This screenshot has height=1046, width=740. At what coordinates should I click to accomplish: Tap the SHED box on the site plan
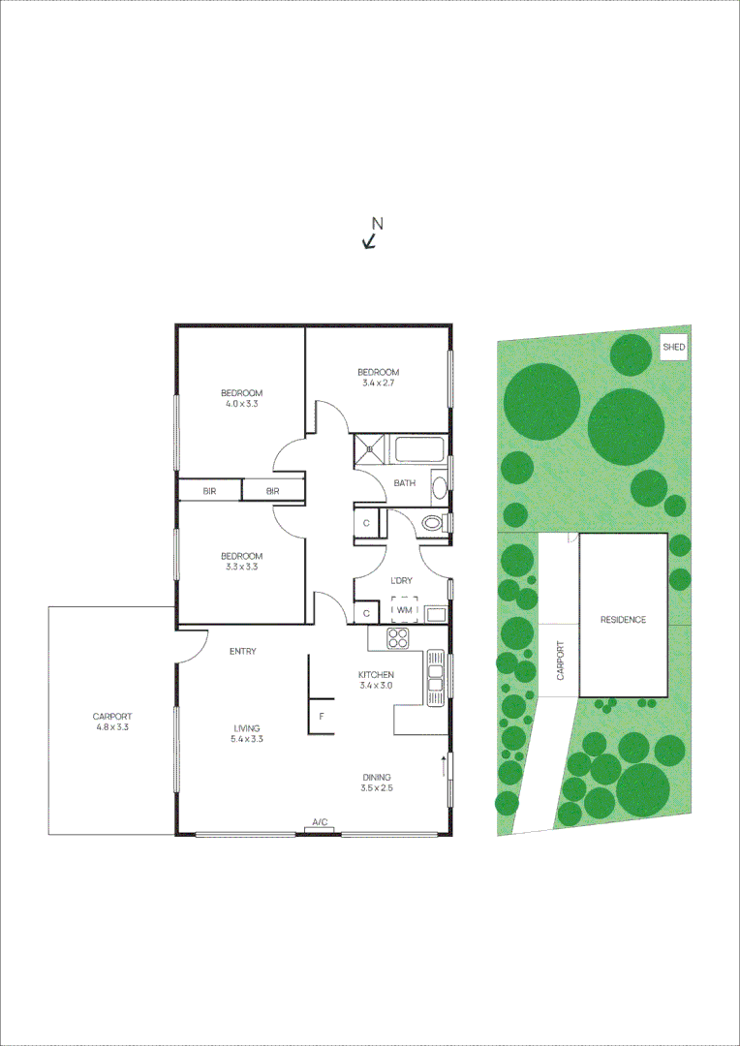click(673, 347)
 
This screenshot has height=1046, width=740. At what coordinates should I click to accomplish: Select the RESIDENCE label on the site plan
click(623, 620)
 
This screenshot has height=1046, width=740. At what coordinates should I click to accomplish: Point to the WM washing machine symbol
click(405, 611)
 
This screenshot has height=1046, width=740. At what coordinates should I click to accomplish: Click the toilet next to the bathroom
click(433, 524)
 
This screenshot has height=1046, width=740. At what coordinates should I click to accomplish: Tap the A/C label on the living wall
click(319, 823)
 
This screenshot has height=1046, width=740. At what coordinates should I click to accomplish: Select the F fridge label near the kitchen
click(322, 718)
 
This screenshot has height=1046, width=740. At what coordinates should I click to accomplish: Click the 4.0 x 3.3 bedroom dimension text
click(241, 405)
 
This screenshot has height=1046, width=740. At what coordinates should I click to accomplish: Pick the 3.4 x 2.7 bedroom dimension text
click(378, 384)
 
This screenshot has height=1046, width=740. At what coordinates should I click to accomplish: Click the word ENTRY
click(242, 652)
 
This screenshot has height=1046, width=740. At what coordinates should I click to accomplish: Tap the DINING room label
click(377, 776)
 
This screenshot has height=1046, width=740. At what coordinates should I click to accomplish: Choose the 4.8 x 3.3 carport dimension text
click(112, 726)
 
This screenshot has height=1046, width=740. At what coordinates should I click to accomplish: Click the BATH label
click(404, 484)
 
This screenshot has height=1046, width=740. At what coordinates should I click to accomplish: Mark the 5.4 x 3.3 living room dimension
click(247, 739)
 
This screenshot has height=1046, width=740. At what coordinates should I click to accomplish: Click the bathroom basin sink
click(439, 486)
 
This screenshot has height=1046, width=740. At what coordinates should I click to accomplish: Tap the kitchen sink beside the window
click(434, 675)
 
